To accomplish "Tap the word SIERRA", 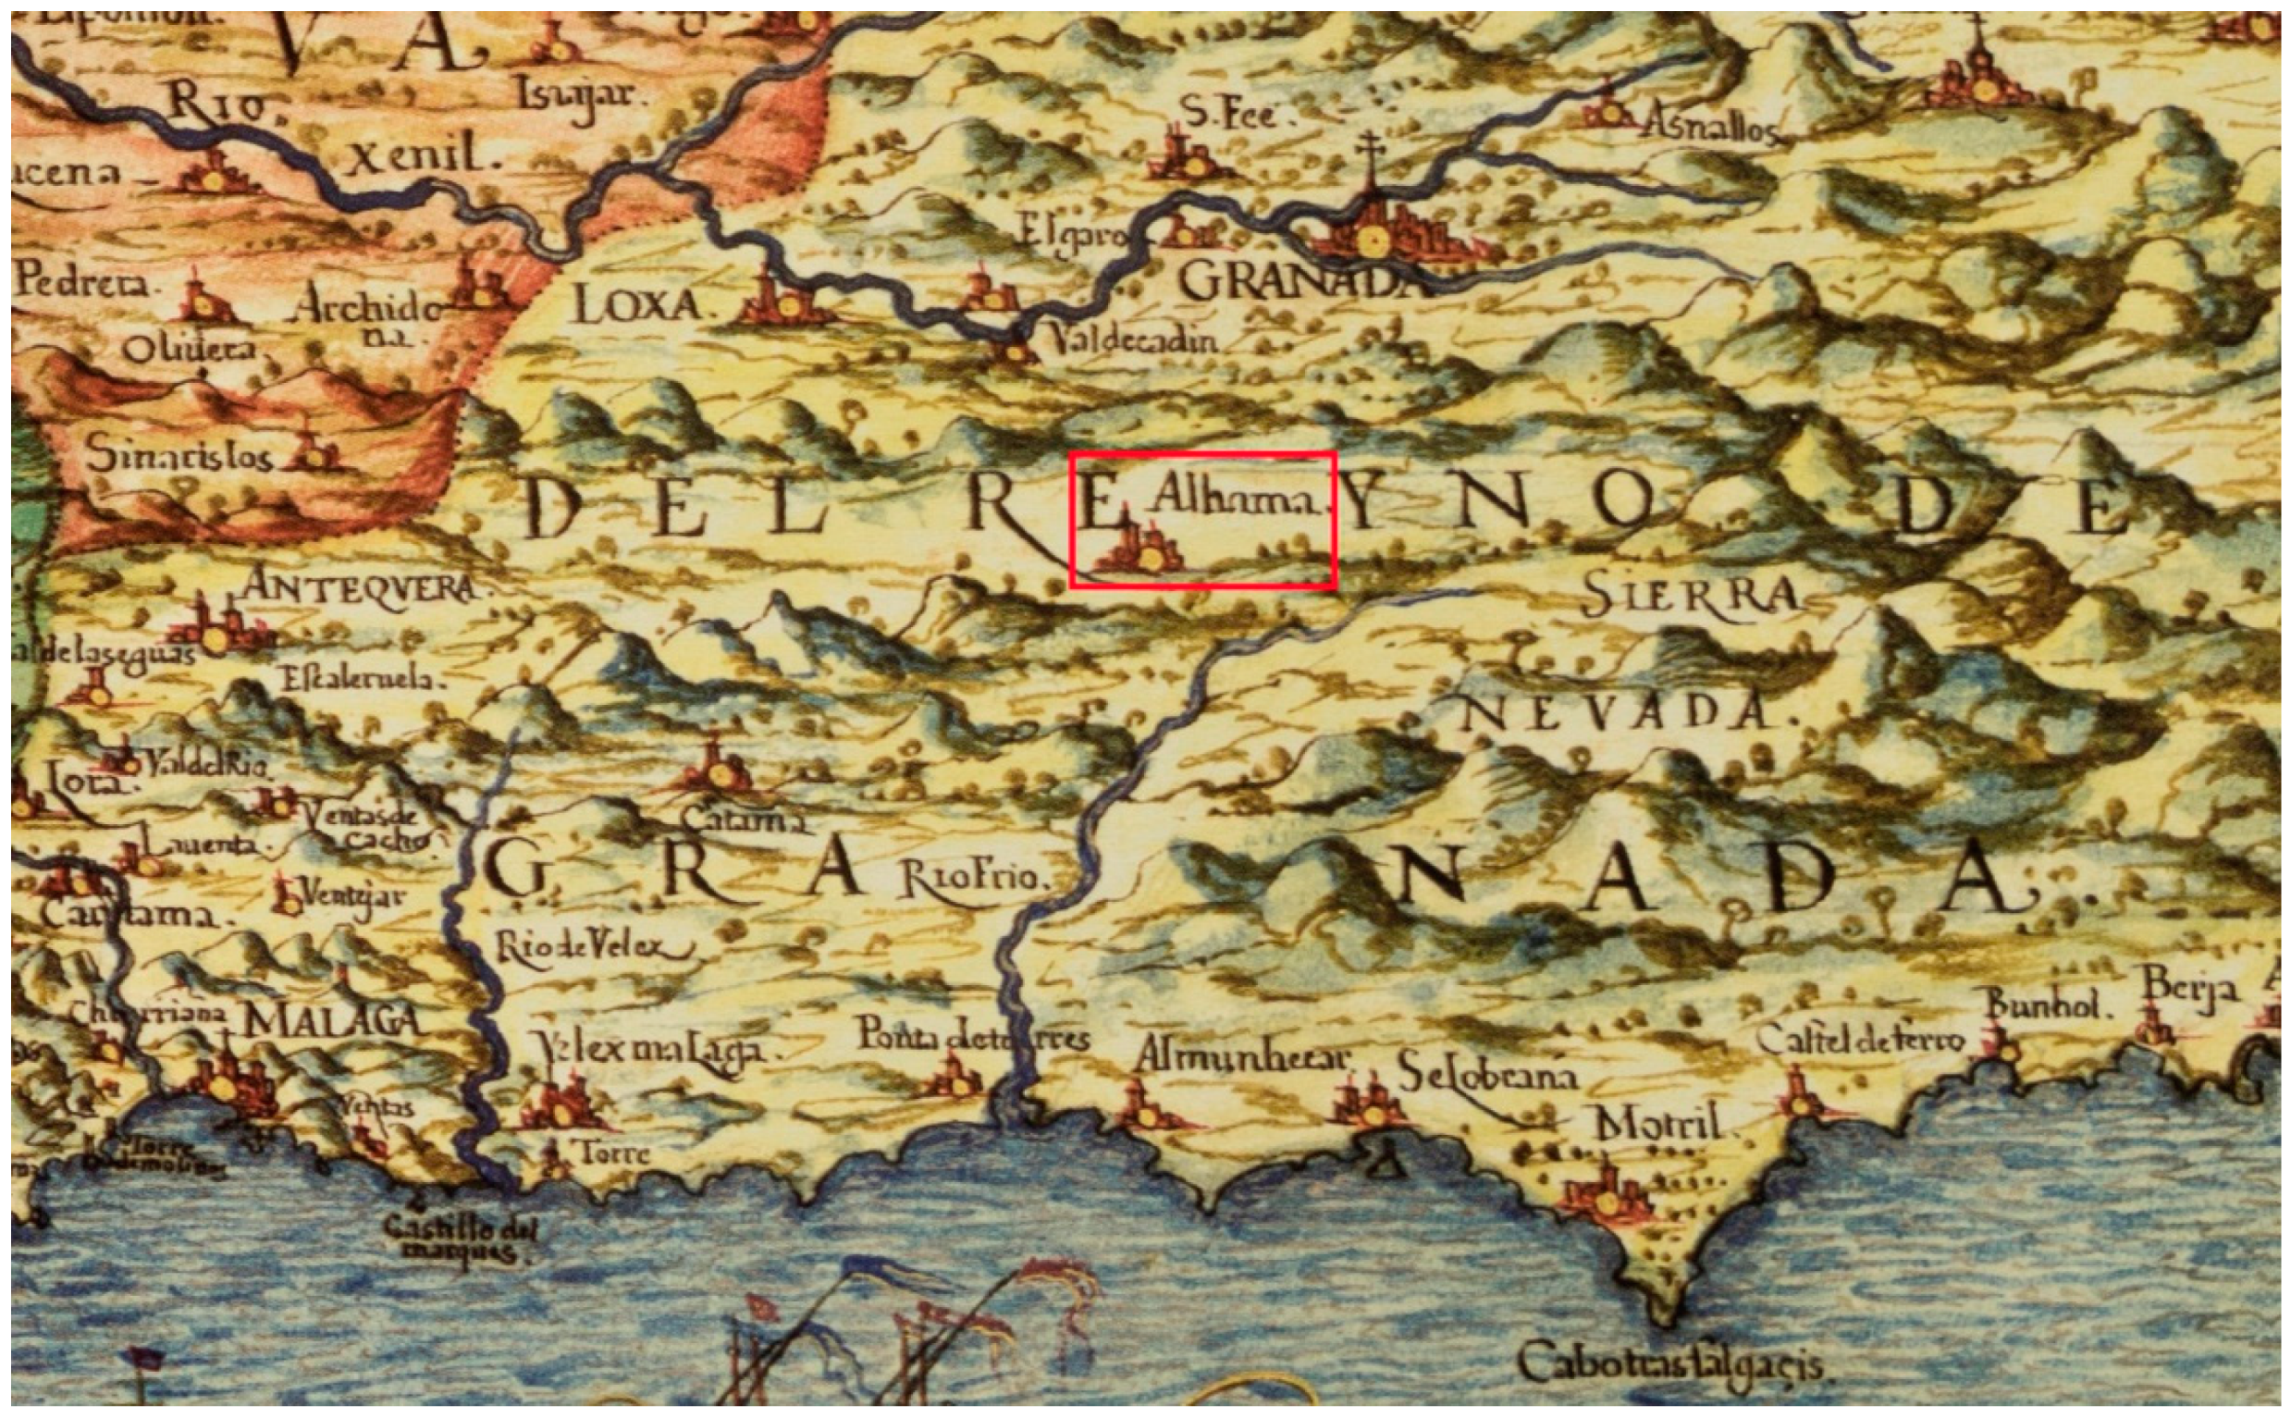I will click(1690, 596).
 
